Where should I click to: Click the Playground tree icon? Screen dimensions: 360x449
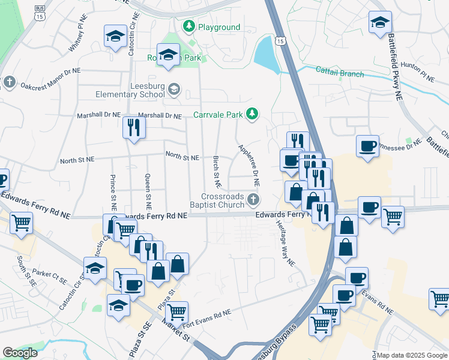pyautogui.click(x=189, y=27)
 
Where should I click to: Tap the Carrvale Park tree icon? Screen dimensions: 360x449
pyautogui.click(x=253, y=113)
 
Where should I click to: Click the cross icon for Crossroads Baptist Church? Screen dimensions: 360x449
pyautogui.click(x=254, y=199)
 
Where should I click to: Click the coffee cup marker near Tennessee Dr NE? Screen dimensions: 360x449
pyautogui.click(x=367, y=146)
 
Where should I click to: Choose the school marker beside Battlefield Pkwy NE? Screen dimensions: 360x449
pyautogui.click(x=379, y=23)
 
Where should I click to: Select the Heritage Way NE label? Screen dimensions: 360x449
pyautogui.click(x=286, y=247)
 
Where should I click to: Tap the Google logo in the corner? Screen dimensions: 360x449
pyautogui.click(x=20, y=353)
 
